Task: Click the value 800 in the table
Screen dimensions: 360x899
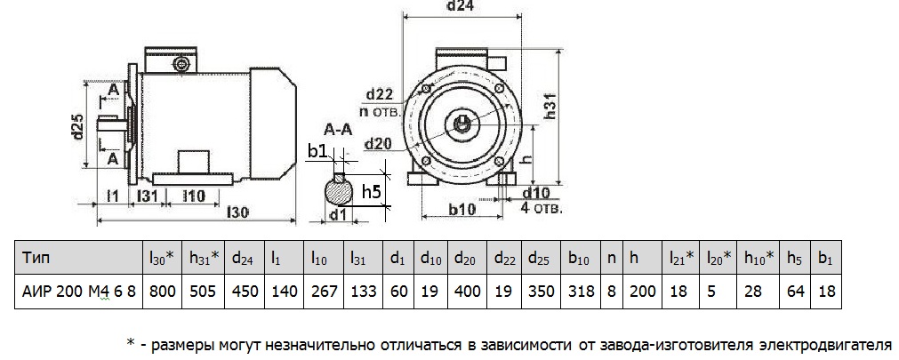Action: (162, 291)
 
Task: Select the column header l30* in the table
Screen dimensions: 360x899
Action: (161, 259)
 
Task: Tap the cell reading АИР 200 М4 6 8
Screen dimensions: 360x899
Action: (77, 291)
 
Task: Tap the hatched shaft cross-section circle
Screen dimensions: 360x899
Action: (337, 189)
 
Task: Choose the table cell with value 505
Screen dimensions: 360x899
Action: (204, 291)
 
